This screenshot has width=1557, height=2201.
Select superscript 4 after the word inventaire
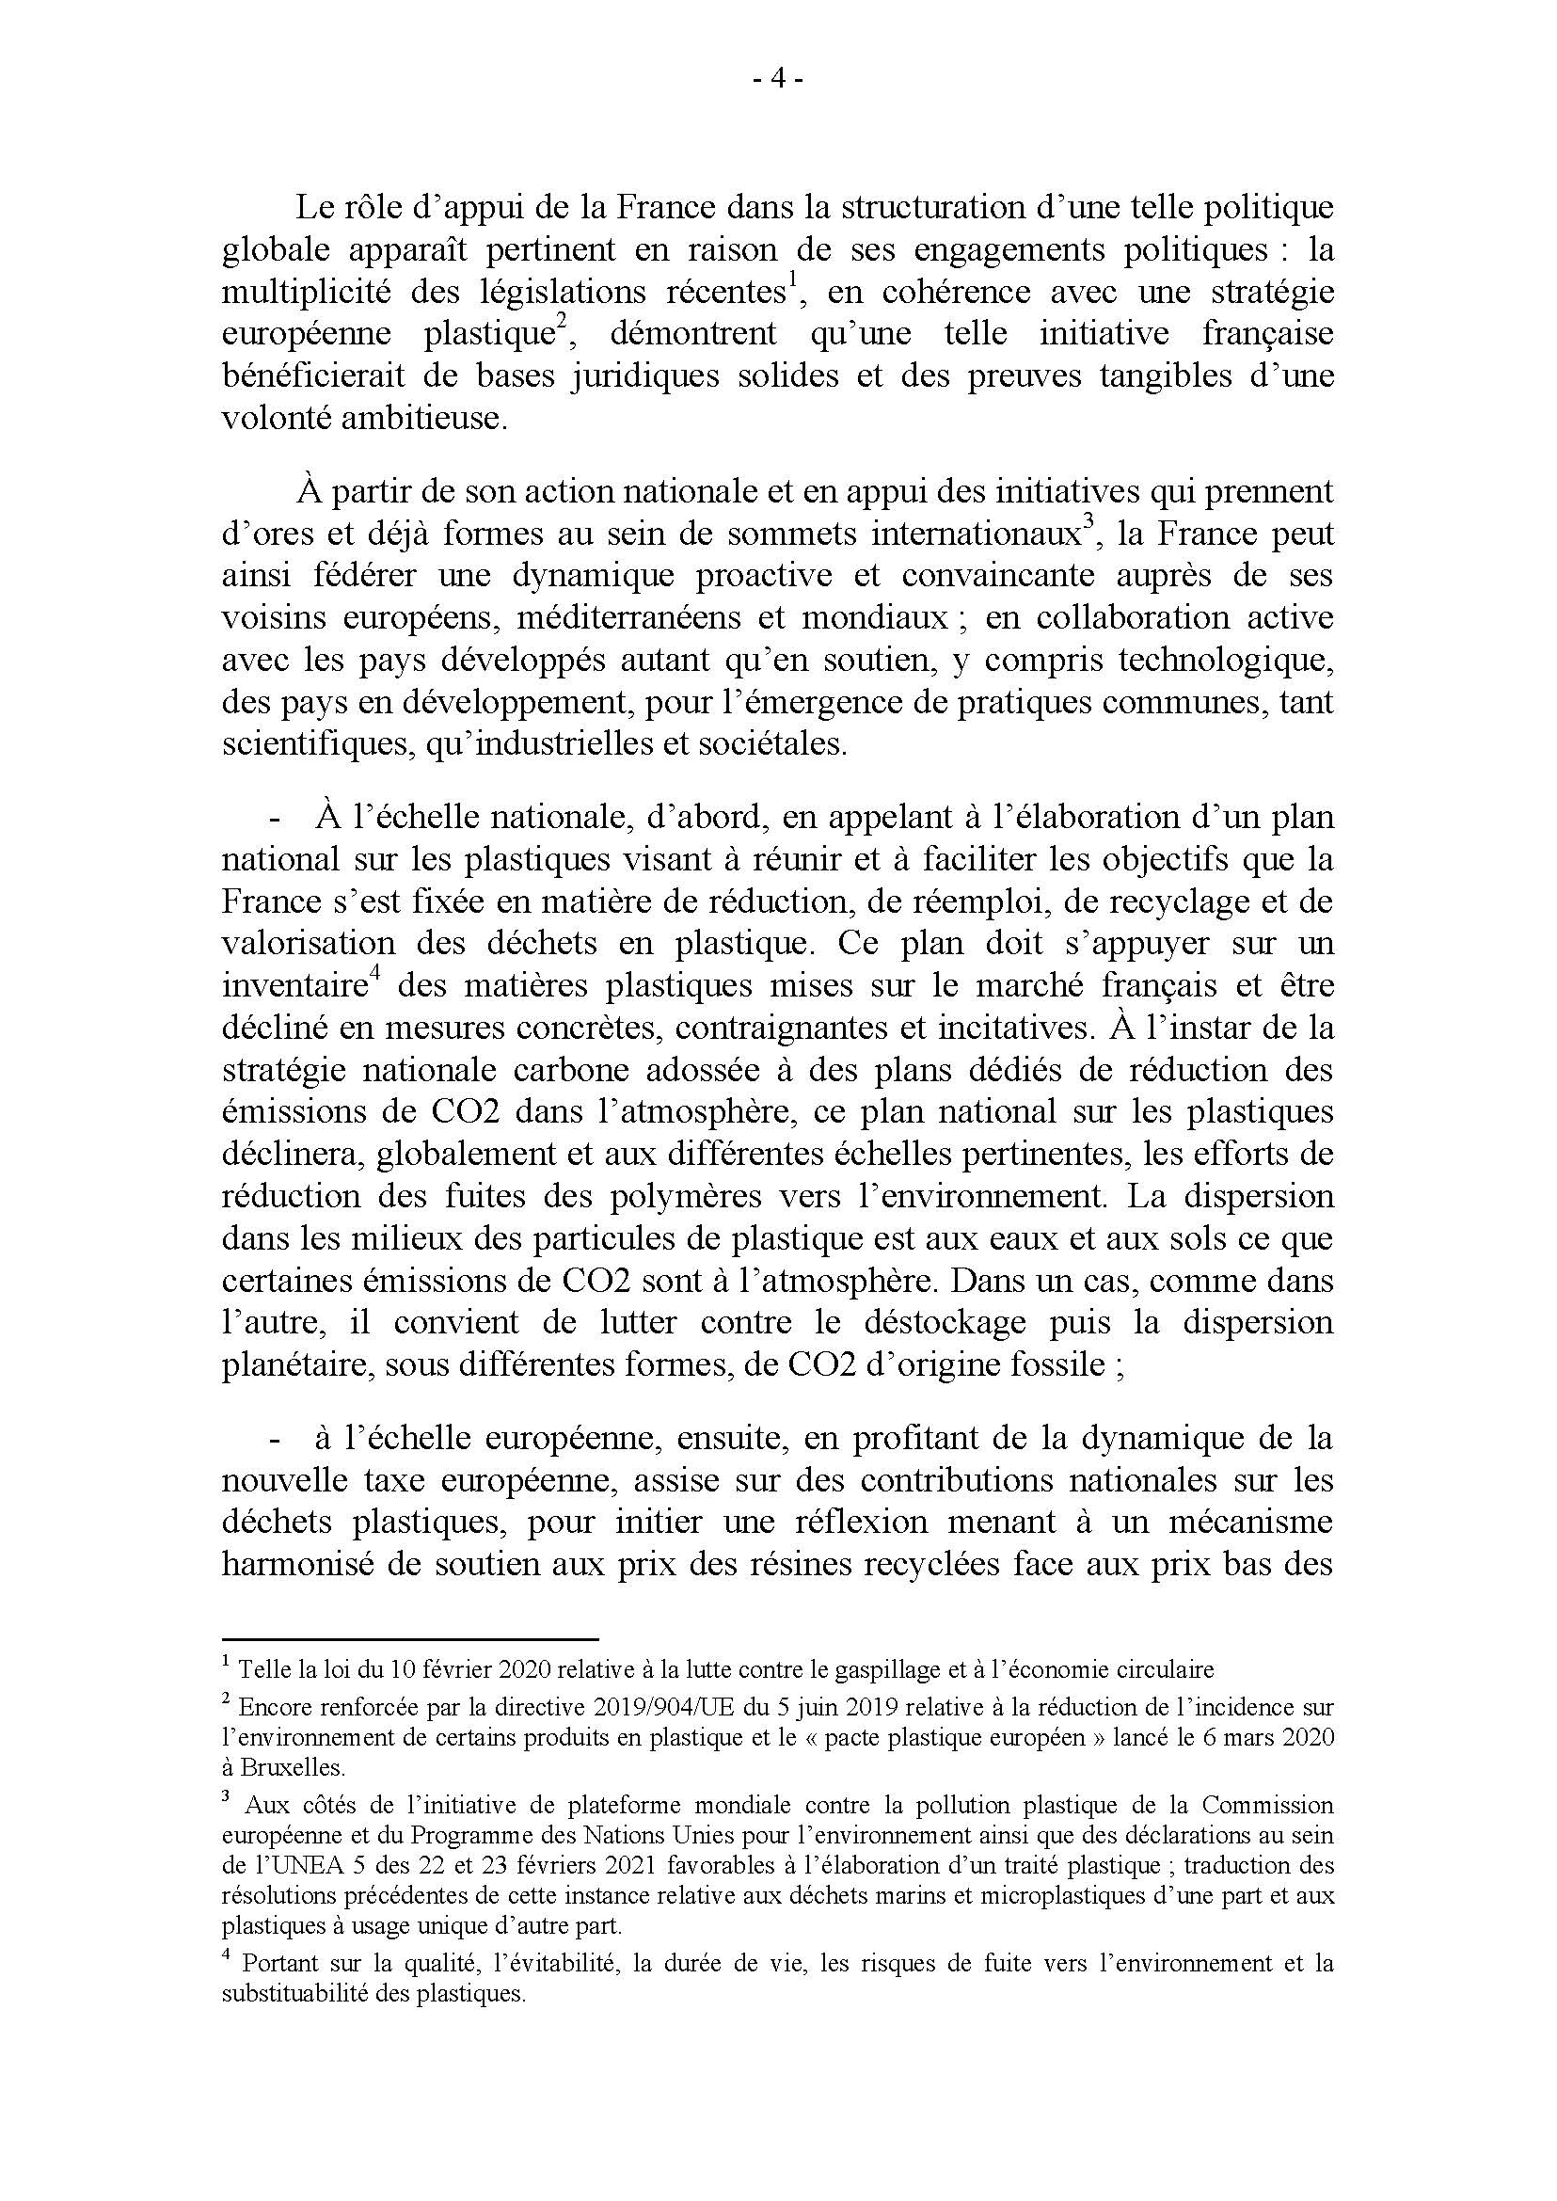(x=377, y=978)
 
